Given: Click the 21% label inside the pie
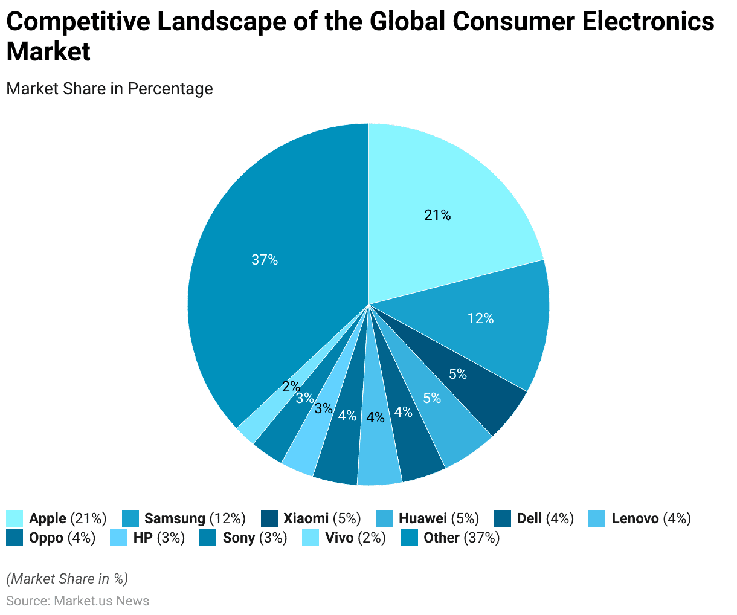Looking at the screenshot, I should pyautogui.click(x=437, y=215).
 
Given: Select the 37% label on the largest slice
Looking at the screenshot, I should pyautogui.click(x=265, y=260).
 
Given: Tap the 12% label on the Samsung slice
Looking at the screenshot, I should pyautogui.click(x=481, y=318).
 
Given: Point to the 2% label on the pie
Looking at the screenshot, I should pyautogui.click(x=291, y=387).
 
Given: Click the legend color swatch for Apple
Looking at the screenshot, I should pyautogui.click(x=14, y=518).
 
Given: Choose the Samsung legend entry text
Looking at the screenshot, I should pyautogui.click(x=195, y=518).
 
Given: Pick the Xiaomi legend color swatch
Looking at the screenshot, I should pyautogui.click(x=269, y=518).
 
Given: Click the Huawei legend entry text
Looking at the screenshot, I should pyautogui.click(x=439, y=518).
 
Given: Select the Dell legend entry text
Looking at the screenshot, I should pyautogui.click(x=545, y=518).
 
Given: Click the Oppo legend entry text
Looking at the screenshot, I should pyautogui.click(x=62, y=538).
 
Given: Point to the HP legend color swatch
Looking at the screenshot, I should pyautogui.click(x=118, y=538).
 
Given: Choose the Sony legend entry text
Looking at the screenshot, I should pyautogui.click(x=254, y=538).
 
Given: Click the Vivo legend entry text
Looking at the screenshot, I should pyautogui.click(x=355, y=538).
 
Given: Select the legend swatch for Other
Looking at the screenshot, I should pyautogui.click(x=410, y=538).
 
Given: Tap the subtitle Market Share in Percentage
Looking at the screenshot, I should pyautogui.click(x=109, y=89).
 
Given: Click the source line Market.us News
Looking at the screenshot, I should pyautogui.click(x=77, y=601).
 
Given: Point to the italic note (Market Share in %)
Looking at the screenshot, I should pyautogui.click(x=67, y=579).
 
